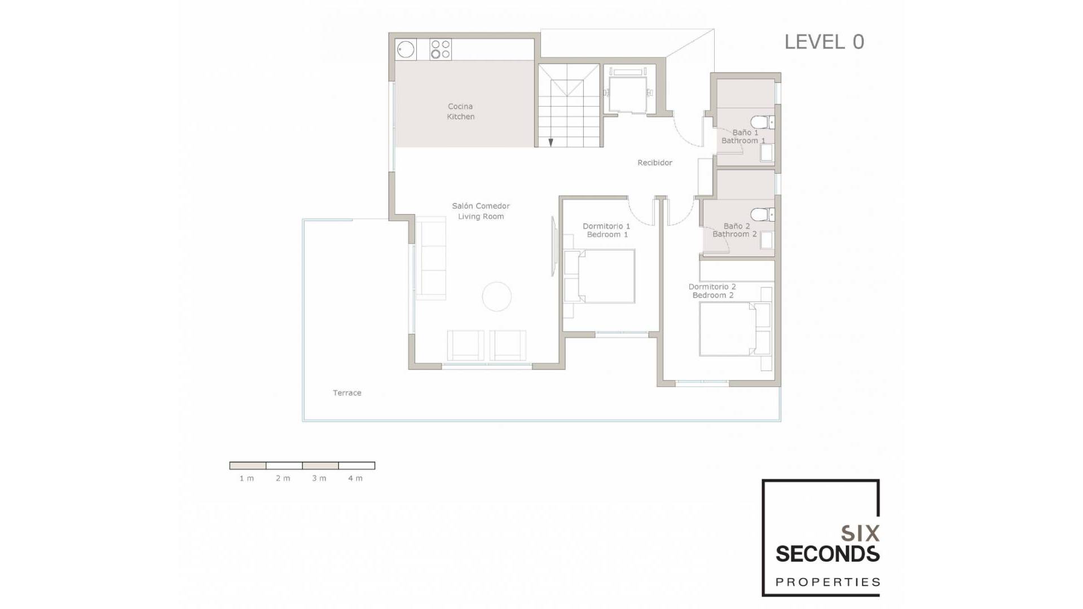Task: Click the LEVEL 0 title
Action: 824,42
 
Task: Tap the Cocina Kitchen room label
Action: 461,112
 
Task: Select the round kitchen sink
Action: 406,50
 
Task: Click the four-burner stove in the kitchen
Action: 441,50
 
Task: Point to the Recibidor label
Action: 655,163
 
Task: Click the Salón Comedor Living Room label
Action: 481,211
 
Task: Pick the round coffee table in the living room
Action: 497,297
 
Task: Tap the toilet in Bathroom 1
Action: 763,122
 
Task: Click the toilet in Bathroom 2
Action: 763,214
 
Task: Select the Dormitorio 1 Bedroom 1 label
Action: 606,230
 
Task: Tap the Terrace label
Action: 347,393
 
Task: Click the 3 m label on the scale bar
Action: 319,478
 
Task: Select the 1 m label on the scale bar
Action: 246,478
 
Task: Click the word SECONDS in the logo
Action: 827,554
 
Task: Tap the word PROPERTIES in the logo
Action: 827,582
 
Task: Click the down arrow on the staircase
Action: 551,143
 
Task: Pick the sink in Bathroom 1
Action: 766,152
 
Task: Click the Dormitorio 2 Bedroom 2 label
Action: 712,291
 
